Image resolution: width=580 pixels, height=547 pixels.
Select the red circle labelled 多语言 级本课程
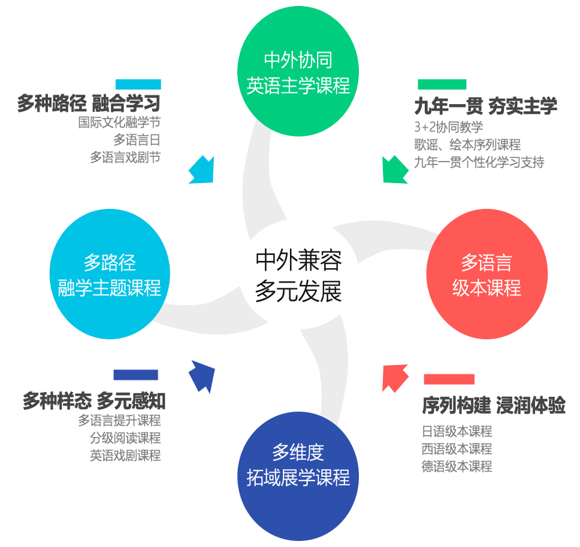click(x=487, y=275)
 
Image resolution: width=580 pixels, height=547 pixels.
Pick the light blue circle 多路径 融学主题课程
click(x=110, y=275)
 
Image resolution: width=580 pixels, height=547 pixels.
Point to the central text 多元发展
click(x=298, y=292)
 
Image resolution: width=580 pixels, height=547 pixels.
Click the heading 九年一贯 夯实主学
click(x=485, y=106)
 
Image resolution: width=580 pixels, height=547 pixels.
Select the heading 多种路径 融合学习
click(x=89, y=104)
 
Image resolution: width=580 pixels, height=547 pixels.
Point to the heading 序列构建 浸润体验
click(x=493, y=405)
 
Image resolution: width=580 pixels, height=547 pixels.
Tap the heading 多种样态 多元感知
click(x=93, y=400)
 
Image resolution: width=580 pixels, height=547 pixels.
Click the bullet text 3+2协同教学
click(x=448, y=127)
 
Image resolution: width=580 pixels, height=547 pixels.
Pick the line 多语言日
click(x=137, y=140)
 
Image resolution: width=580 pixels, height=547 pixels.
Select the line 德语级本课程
click(x=457, y=466)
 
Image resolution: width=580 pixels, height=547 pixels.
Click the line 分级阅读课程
click(x=125, y=438)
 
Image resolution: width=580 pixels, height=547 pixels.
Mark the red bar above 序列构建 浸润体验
click(x=449, y=379)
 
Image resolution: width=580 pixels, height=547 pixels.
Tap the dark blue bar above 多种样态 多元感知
click(x=135, y=375)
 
